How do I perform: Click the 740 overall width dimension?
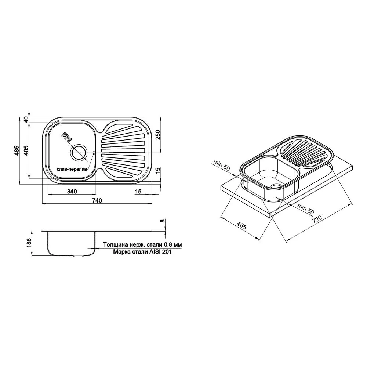(x=97, y=200)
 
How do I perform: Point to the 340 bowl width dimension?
(x=72, y=192)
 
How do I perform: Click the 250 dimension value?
(x=158, y=135)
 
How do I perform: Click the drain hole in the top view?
(x=79, y=152)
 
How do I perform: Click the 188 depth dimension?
(x=29, y=243)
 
